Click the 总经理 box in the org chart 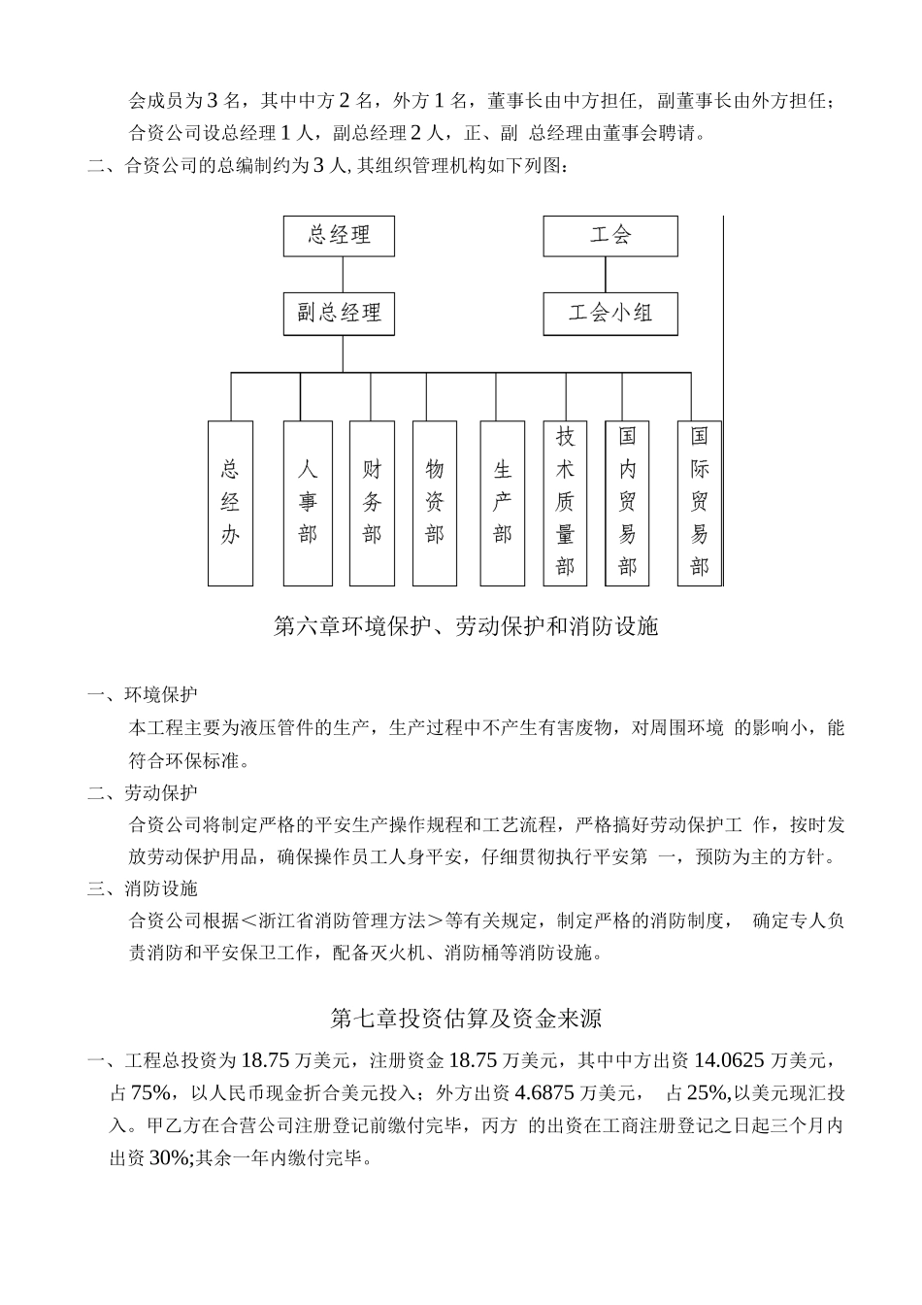(339, 235)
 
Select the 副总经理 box (339, 313)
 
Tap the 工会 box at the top (609, 235)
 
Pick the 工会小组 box (609, 313)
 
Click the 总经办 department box (230, 503)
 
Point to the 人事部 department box (307, 503)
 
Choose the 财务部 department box (372, 503)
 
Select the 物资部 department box (434, 503)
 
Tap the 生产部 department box (502, 503)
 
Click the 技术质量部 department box (565, 503)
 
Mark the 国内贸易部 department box (627, 503)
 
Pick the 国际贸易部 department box (699, 503)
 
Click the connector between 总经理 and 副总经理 (340, 274)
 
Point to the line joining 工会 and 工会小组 (608, 274)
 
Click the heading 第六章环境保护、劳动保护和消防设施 (466, 627)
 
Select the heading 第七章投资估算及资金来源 (466, 1019)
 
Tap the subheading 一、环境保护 (142, 694)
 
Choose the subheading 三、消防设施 (142, 888)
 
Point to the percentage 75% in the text (150, 1093)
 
